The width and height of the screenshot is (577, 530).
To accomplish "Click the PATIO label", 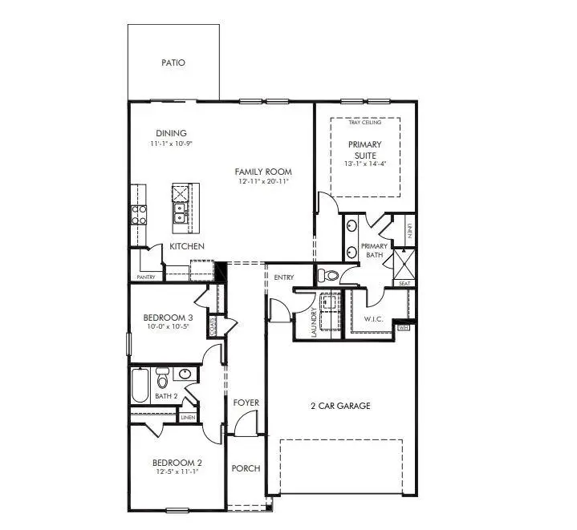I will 173,62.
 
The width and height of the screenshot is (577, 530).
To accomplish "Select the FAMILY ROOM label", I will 263,172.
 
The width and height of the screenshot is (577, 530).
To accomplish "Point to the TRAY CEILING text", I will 365,123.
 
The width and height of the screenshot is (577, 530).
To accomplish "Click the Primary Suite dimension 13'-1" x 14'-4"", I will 365,164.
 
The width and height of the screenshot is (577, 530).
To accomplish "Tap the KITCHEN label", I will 186,246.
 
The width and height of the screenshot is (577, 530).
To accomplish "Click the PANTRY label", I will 146,277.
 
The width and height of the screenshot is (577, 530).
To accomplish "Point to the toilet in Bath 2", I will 162,376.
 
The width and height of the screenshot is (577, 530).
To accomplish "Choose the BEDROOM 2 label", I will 177,463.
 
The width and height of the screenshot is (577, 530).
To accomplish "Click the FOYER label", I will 246,403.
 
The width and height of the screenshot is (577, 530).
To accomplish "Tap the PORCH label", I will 246,468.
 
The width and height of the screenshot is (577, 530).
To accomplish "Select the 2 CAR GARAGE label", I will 341,406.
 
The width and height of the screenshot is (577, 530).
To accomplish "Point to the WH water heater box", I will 404,327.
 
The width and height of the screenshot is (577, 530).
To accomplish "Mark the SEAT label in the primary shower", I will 404,283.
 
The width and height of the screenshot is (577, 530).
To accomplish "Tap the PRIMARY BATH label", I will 375,250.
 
